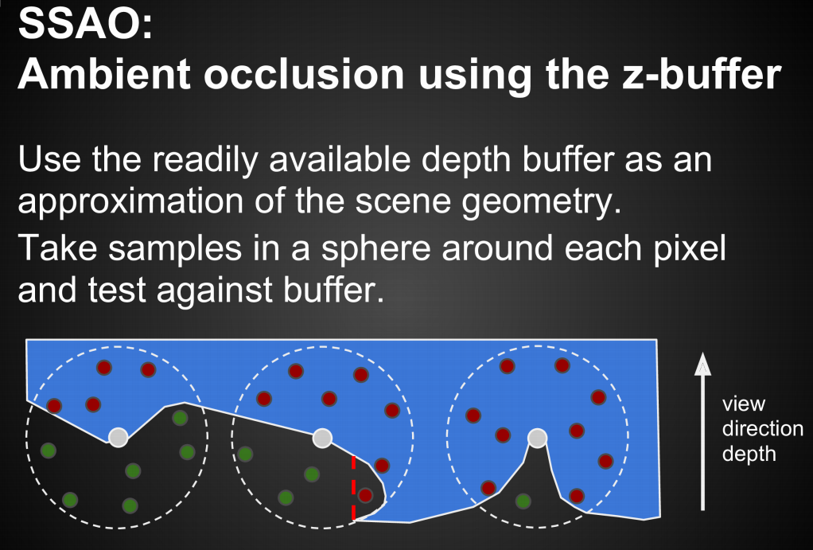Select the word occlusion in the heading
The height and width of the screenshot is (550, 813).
point(304,73)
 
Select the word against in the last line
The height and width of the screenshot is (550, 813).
point(215,291)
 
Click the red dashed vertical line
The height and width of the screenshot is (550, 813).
point(354,488)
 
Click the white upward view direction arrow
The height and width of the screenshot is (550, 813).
point(702,431)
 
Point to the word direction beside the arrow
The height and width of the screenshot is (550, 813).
point(763,428)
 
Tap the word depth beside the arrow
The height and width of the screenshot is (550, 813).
point(749,454)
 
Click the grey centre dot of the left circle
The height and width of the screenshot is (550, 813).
point(119,437)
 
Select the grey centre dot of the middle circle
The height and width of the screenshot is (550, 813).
point(322,438)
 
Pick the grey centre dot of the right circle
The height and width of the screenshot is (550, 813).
point(537,439)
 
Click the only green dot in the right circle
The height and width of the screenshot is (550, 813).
point(523,501)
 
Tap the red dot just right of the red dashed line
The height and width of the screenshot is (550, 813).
point(365,496)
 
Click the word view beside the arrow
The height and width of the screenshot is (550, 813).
point(744,404)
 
